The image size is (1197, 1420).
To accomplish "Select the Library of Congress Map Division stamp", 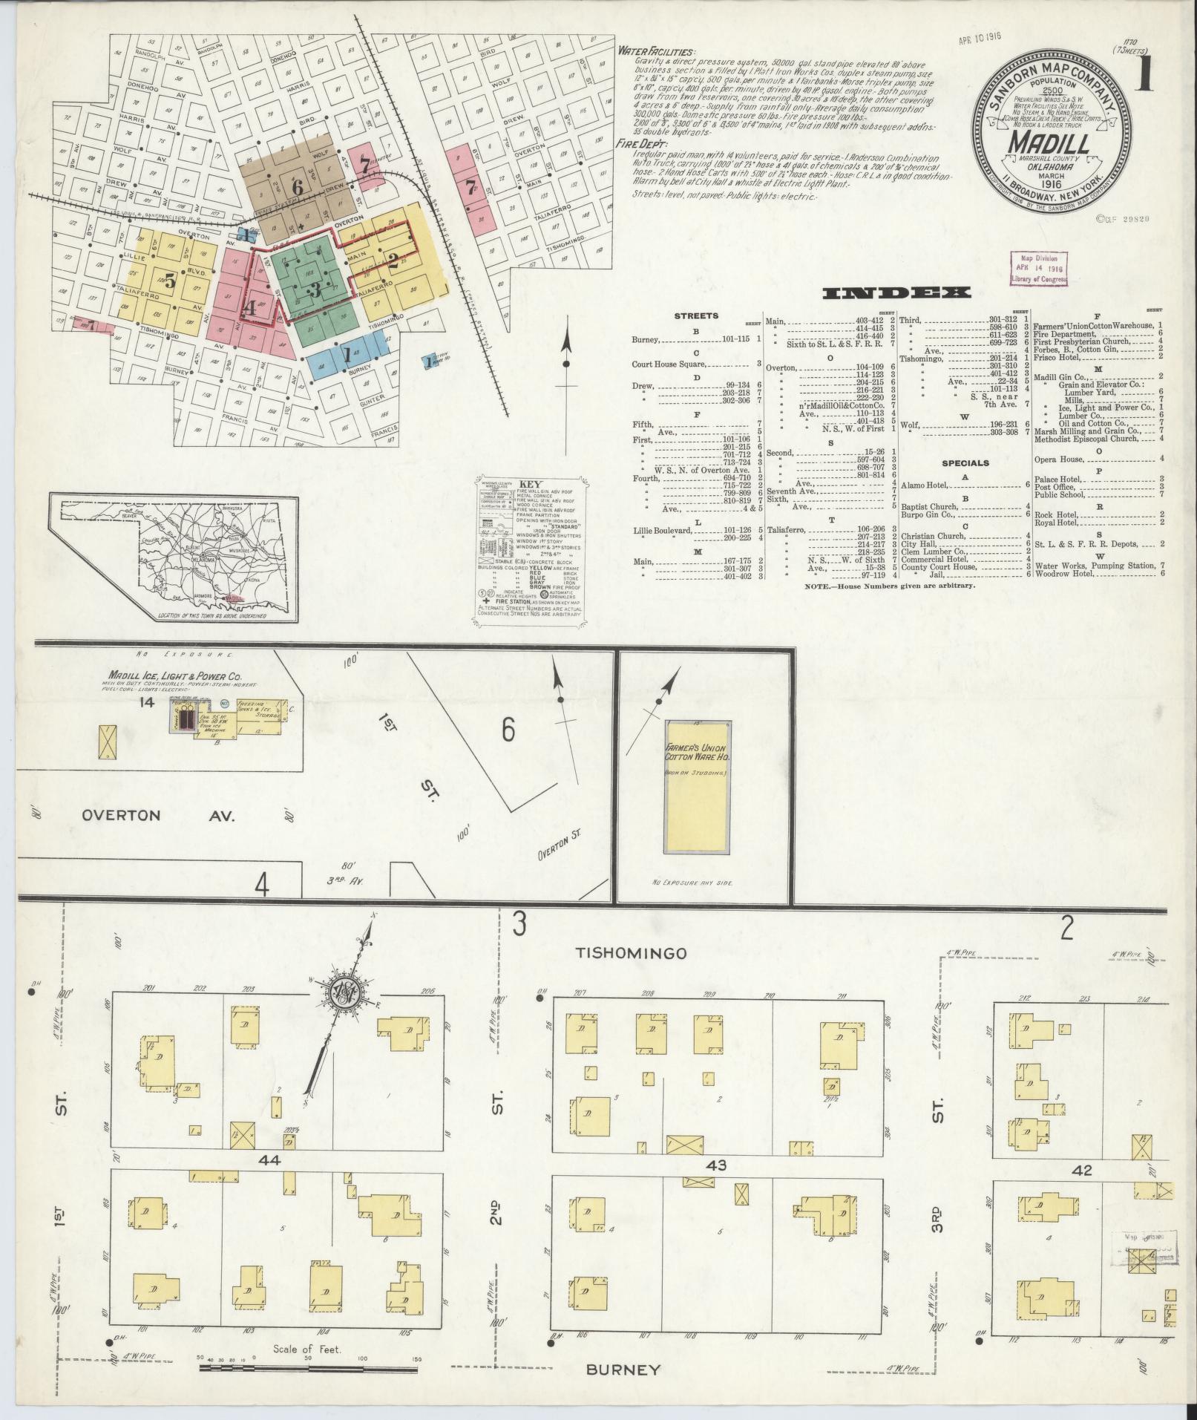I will point(1037,268).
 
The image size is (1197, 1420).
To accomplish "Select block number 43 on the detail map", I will point(716,1187).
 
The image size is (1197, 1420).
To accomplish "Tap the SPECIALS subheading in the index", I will point(965,462).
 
